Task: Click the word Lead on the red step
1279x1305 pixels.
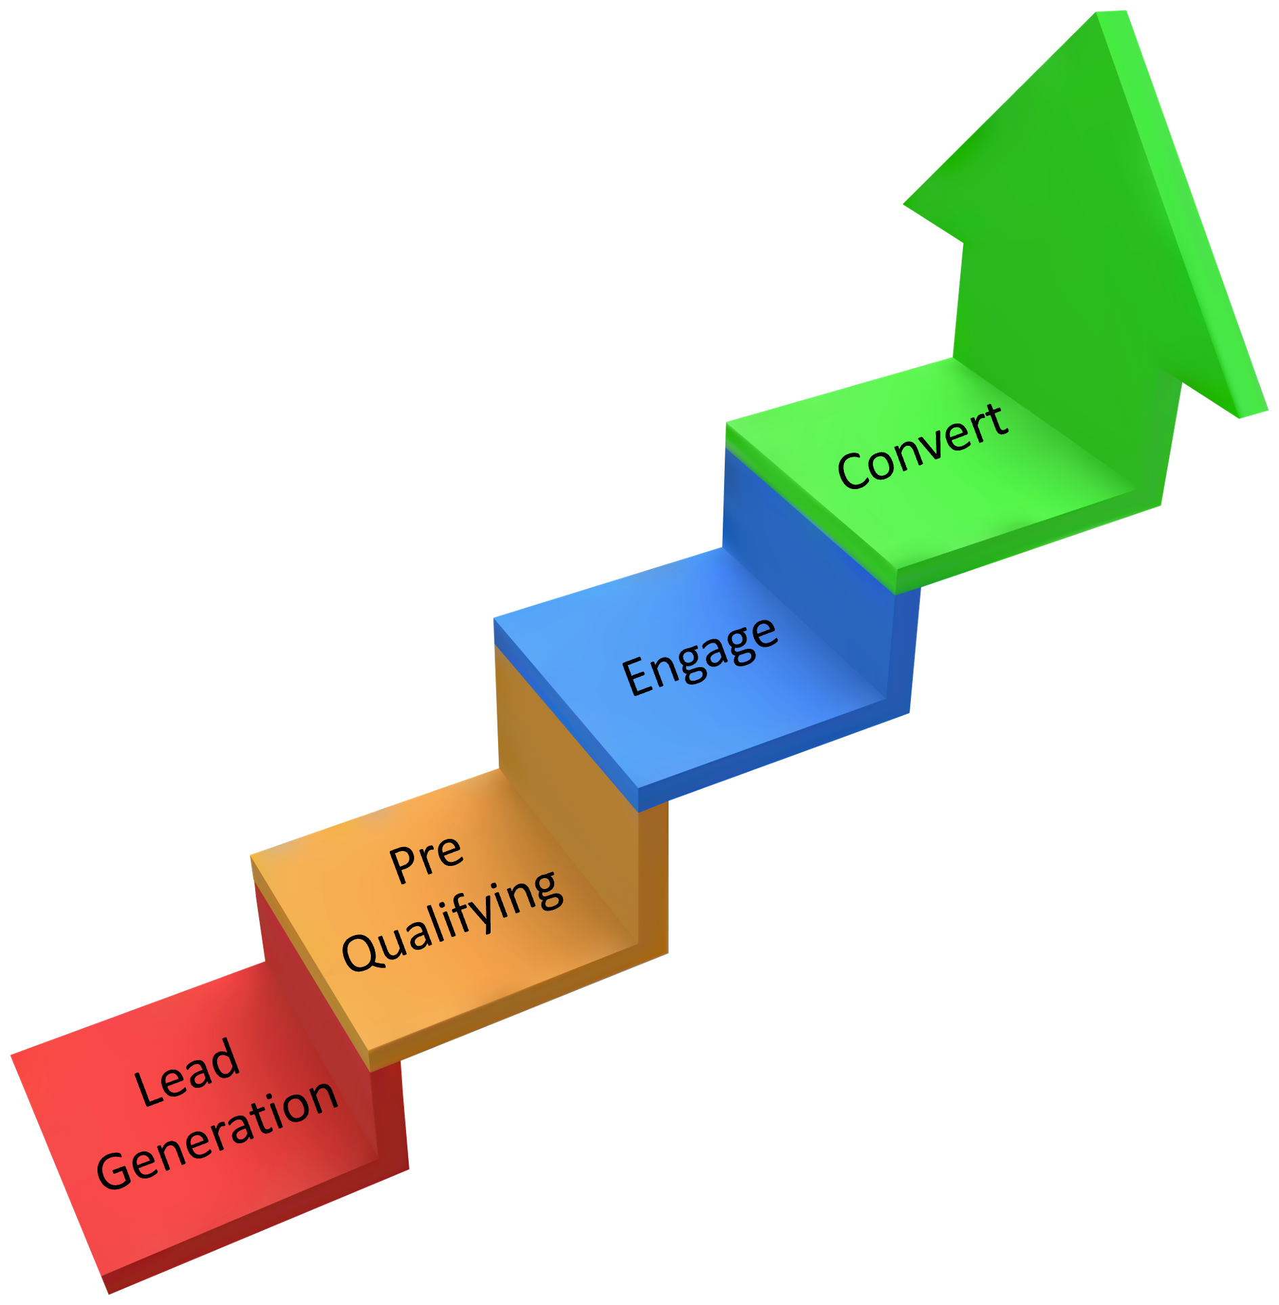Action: click(187, 1073)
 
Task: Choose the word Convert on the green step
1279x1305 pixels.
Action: click(923, 447)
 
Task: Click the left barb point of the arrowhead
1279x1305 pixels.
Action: click(905, 203)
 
